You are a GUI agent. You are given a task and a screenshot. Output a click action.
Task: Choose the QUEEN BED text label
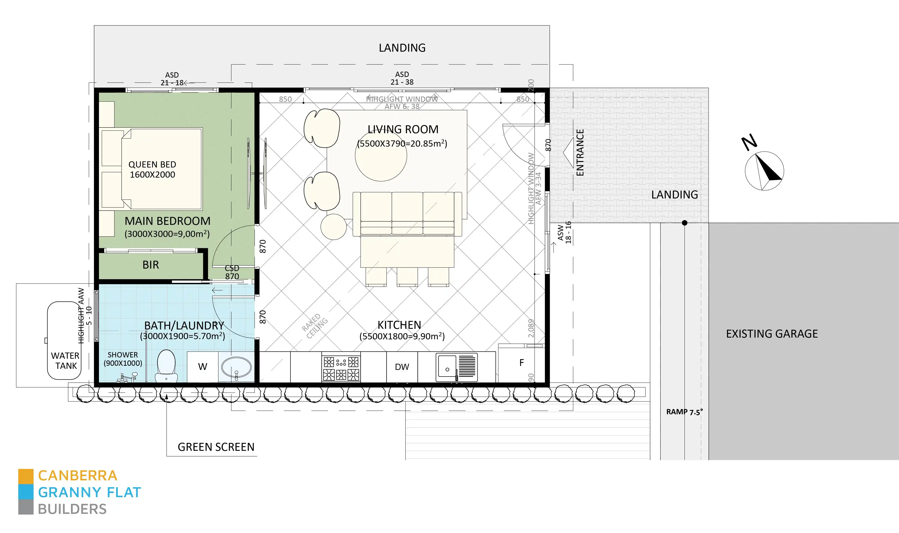click(152, 164)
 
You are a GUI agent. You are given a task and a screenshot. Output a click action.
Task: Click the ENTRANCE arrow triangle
click(569, 152)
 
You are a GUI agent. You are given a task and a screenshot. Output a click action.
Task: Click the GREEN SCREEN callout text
click(216, 447)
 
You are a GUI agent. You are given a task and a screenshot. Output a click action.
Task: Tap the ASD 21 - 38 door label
click(402, 78)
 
